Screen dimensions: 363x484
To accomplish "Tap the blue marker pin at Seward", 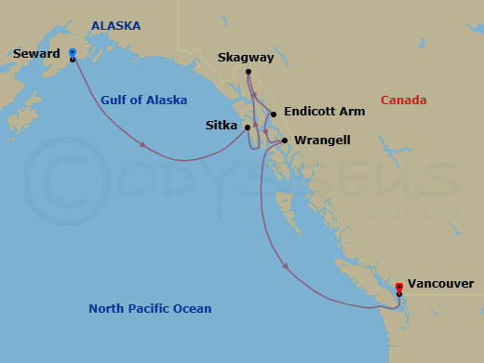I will [x=73, y=52].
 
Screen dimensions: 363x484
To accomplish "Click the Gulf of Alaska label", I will [x=144, y=101].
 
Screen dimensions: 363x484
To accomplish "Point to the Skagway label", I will [x=246, y=58].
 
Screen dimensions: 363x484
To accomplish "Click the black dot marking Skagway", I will [x=248, y=73].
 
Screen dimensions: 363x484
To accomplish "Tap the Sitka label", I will [x=221, y=125].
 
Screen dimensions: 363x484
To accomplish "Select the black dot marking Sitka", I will [x=248, y=127].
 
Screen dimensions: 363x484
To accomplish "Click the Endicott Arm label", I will [x=324, y=111].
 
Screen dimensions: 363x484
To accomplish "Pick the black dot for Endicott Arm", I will [x=274, y=114].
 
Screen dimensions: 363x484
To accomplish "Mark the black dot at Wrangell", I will [x=285, y=141].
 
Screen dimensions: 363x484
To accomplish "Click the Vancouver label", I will [x=440, y=284].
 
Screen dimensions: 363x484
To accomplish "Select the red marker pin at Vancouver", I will [x=399, y=287].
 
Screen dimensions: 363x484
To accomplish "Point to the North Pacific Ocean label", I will [x=150, y=309].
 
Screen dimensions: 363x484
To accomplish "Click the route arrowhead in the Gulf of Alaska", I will [x=144, y=144].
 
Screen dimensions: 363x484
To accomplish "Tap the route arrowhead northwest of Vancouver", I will [x=285, y=267].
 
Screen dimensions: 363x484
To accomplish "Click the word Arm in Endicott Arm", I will [x=351, y=111].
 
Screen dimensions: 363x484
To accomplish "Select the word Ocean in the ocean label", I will [x=192, y=309].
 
